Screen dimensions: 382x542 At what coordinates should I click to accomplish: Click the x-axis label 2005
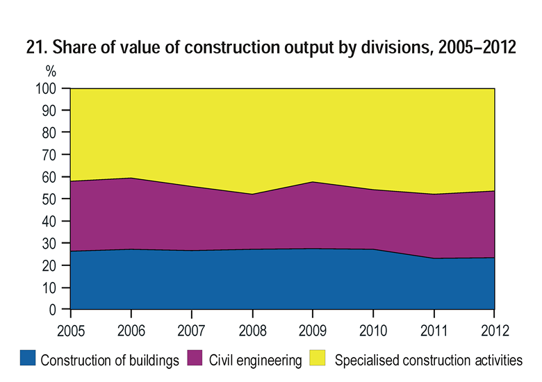(x=70, y=329)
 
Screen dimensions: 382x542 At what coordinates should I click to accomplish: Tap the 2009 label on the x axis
(x=312, y=329)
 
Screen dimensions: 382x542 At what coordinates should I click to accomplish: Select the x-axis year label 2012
(x=494, y=329)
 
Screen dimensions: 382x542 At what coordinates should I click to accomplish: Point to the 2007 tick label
(x=191, y=329)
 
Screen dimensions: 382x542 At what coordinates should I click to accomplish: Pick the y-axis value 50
(x=55, y=199)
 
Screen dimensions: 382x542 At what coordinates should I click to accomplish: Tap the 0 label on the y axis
(x=58, y=310)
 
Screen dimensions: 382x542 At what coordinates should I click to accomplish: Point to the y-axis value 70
(x=55, y=155)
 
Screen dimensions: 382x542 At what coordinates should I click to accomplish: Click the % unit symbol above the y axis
(x=51, y=72)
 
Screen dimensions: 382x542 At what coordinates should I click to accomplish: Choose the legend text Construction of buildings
(x=110, y=360)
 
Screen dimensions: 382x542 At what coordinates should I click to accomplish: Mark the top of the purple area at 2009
(x=312, y=182)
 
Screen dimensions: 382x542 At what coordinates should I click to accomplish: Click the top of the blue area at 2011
(x=434, y=258)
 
